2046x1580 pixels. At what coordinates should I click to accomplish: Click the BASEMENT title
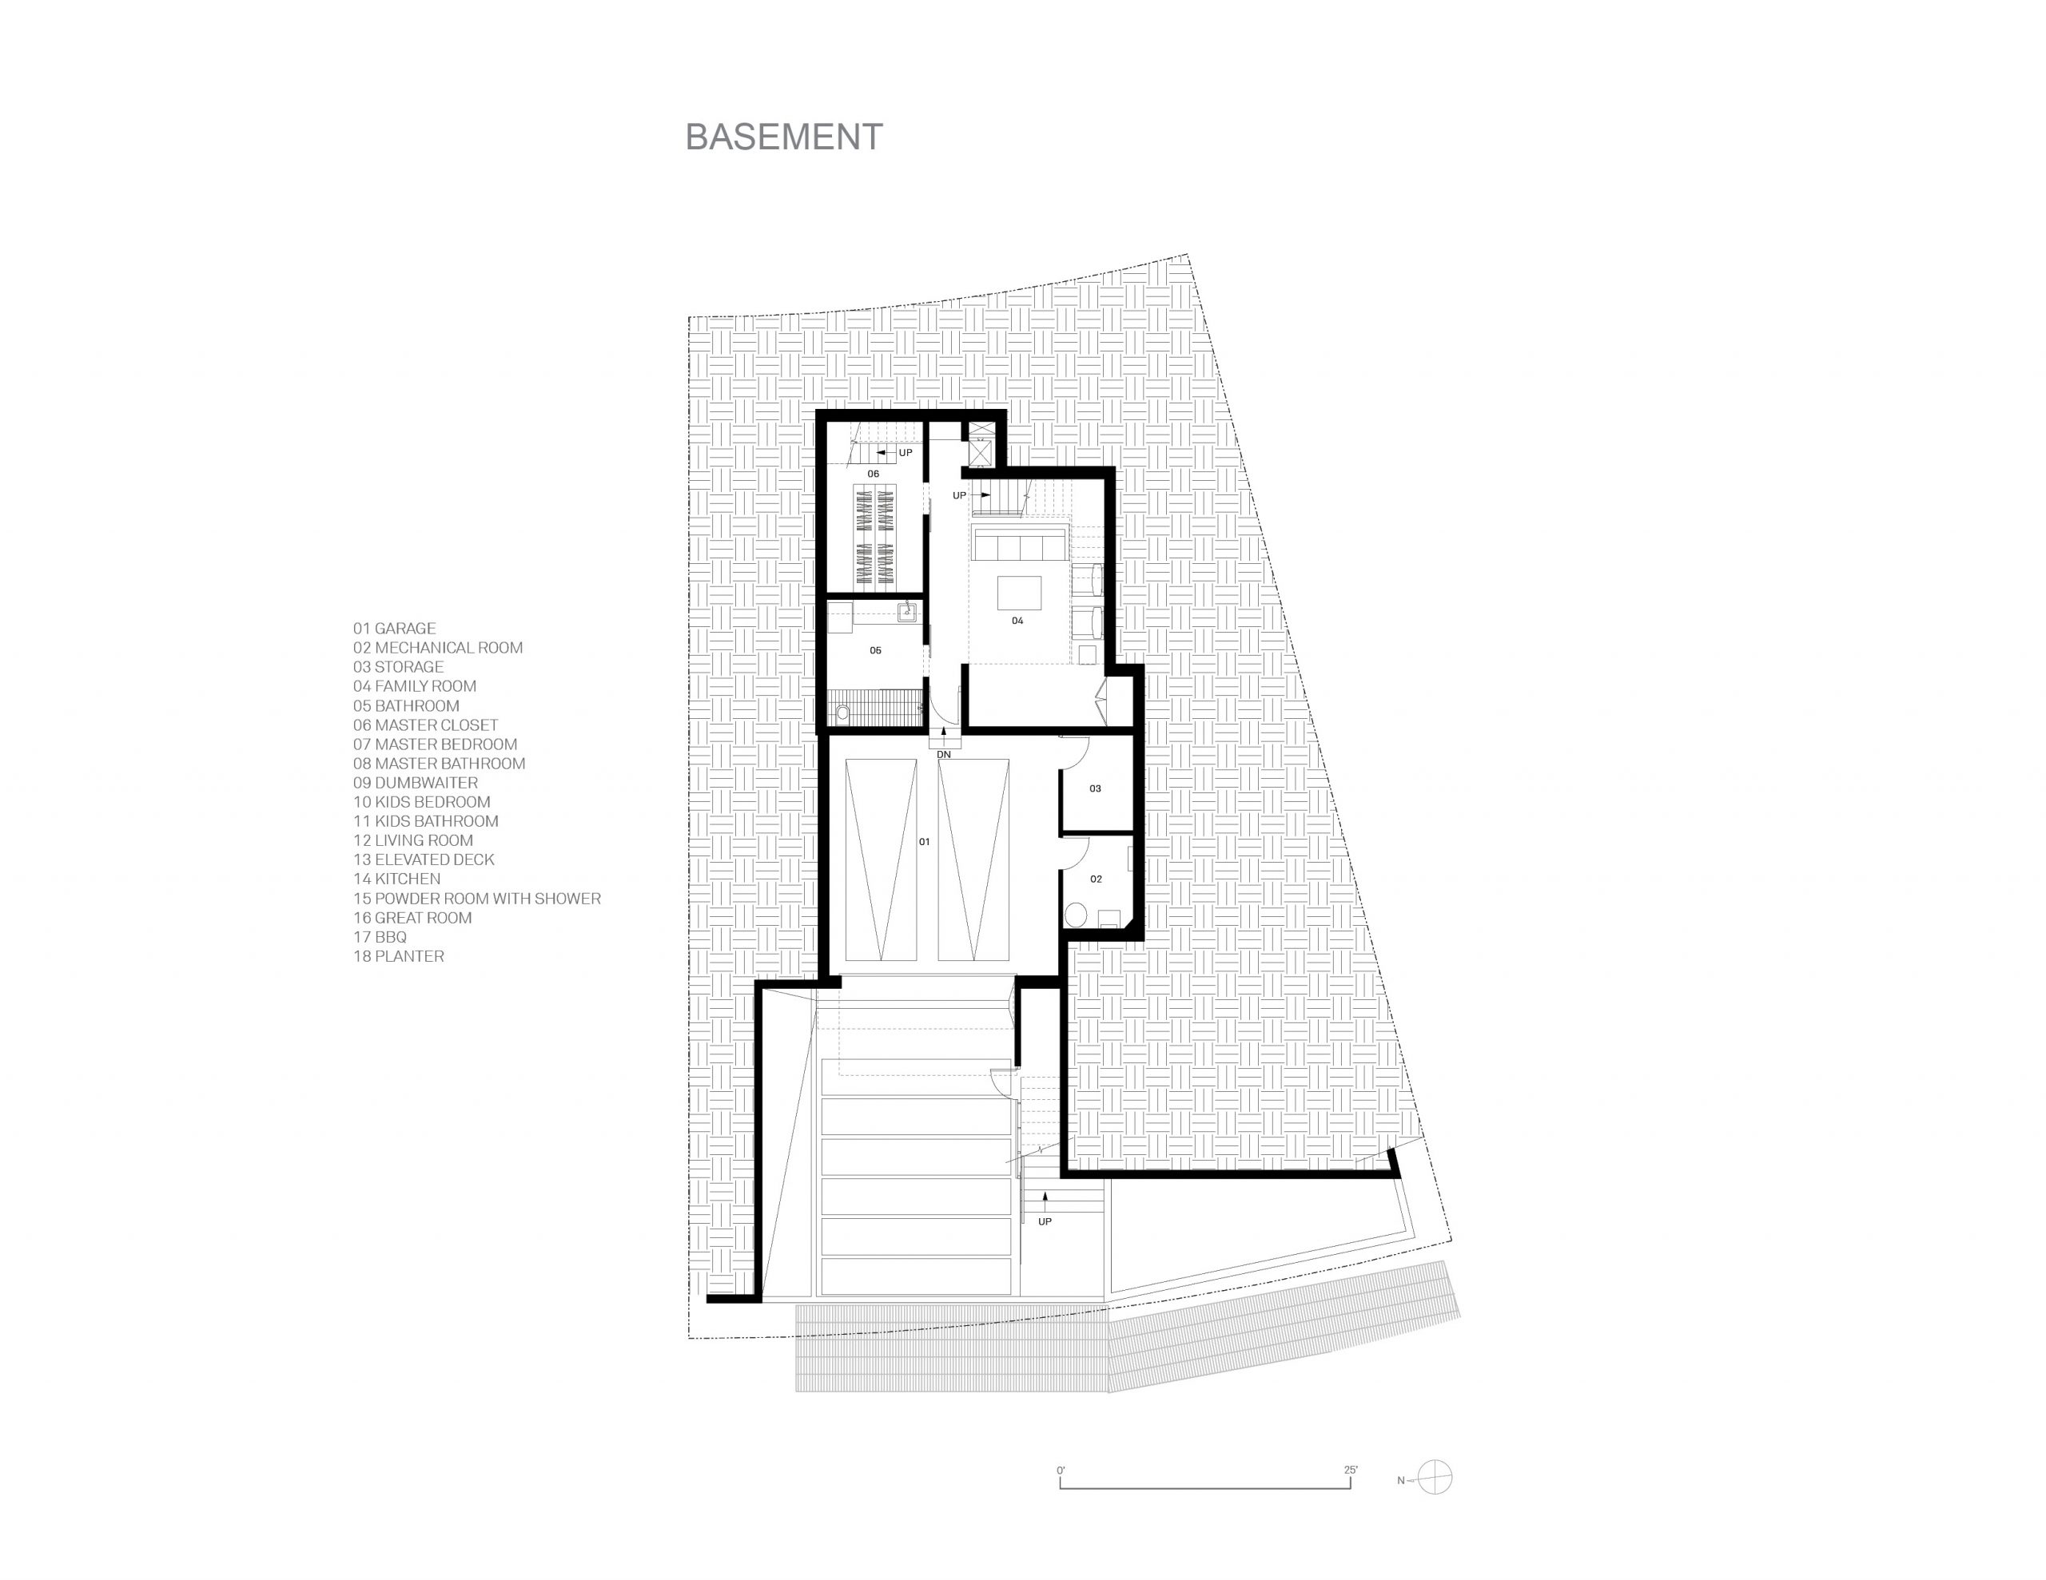(x=784, y=137)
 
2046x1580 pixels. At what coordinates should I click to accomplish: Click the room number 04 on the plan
(x=1017, y=621)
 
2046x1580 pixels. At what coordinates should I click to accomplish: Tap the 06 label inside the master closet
(x=873, y=474)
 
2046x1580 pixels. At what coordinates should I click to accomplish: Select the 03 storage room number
(x=1095, y=788)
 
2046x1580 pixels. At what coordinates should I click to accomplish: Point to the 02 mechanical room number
(x=1096, y=879)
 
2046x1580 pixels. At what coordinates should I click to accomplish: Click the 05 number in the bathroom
(x=875, y=650)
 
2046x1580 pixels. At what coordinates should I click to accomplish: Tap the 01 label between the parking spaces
(x=924, y=842)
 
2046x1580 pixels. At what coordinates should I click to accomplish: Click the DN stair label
(x=943, y=755)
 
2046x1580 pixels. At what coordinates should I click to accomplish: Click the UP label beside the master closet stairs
(x=905, y=453)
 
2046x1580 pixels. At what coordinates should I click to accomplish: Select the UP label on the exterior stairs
(x=1045, y=1221)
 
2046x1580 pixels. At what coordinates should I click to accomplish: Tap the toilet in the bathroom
(x=842, y=713)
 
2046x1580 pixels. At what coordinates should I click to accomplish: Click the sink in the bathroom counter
(x=906, y=613)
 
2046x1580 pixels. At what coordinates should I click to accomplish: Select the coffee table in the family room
(x=1019, y=593)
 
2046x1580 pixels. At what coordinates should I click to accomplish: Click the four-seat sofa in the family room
(x=1019, y=544)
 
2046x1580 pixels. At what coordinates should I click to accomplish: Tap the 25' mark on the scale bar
(x=1351, y=1471)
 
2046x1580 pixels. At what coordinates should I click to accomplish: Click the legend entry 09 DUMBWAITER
(x=415, y=783)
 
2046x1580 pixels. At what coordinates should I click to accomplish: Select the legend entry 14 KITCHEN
(x=396, y=879)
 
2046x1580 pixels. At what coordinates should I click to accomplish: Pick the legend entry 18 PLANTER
(x=398, y=956)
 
